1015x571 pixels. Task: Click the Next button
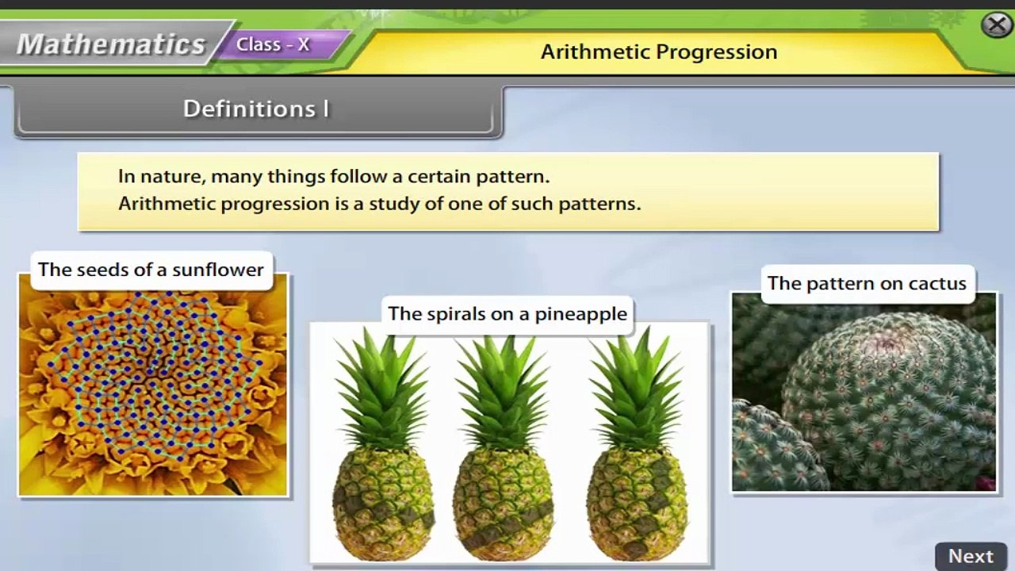[x=971, y=556]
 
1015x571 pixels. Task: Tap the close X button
[x=996, y=25]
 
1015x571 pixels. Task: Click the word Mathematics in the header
[x=111, y=44]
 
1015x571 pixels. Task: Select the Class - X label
[x=273, y=45]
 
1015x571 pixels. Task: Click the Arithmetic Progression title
[x=658, y=52]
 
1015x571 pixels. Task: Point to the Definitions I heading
[x=255, y=109]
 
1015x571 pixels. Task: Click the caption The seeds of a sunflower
[x=151, y=270]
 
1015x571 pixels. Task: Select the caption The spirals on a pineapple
[x=507, y=314]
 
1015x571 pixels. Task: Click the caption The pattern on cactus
[x=866, y=284]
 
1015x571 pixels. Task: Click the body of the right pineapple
[x=638, y=504]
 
